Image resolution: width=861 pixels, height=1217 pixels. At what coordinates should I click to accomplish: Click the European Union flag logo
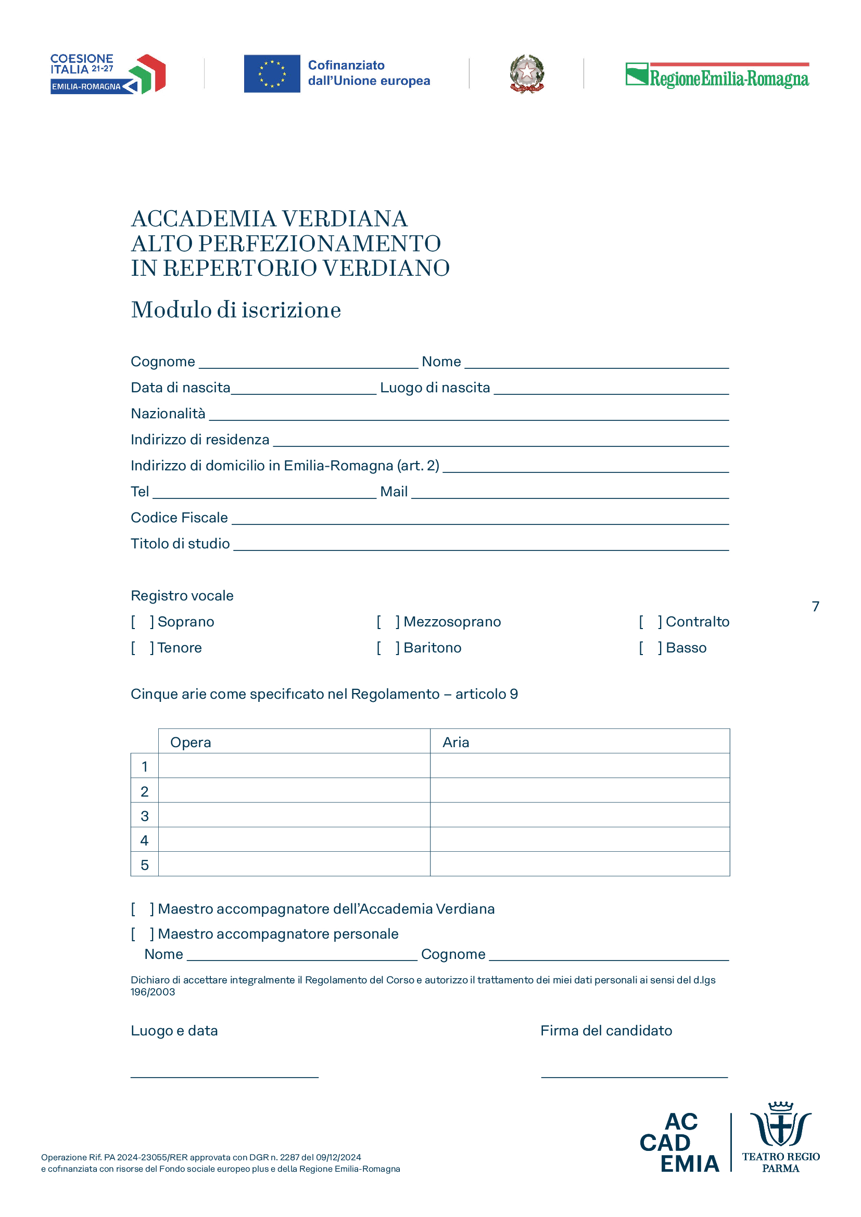272,74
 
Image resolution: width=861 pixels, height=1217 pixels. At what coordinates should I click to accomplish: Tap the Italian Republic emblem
526,74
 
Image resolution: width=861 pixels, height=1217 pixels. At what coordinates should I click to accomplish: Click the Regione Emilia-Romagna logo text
728,79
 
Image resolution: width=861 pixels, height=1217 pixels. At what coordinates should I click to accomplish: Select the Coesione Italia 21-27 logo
108,74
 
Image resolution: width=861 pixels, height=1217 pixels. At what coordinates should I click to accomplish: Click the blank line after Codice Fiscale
480,520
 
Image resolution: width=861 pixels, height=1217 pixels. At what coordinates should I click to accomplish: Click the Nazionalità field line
469,416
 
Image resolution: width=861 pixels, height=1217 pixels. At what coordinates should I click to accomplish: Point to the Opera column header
191,742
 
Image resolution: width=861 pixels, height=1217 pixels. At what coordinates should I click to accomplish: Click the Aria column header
456,742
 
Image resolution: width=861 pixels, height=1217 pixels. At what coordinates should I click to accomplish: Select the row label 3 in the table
144,816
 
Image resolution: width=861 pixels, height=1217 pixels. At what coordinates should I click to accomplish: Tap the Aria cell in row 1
579,766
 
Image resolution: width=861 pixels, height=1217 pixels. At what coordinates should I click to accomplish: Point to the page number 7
815,606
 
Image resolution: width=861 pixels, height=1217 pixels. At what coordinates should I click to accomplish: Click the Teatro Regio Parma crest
780,1125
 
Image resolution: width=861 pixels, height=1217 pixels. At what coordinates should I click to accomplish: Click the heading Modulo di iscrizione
236,310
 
